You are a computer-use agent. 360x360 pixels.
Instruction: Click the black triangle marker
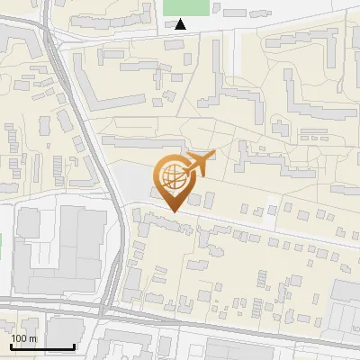click(x=181, y=24)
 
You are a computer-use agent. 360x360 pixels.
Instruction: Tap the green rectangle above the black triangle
click(x=185, y=6)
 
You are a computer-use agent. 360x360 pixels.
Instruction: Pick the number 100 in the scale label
click(x=19, y=338)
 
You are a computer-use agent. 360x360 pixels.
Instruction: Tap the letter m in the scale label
click(x=33, y=338)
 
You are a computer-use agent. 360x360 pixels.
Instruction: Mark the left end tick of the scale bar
click(x=11, y=346)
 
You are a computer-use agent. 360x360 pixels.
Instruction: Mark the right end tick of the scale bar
click(x=75, y=346)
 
